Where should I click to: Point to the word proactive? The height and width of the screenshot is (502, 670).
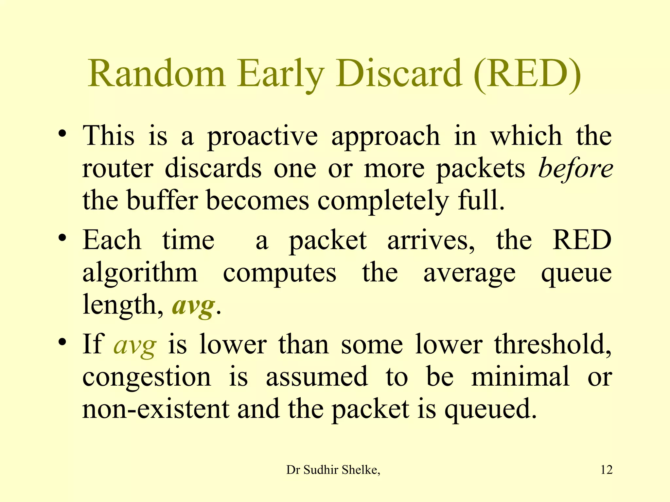262,137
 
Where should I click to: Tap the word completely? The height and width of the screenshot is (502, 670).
383,201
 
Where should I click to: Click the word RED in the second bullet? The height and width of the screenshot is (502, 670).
582,240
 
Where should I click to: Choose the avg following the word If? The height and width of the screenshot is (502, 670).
135,345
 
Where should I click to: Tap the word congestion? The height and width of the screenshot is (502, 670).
147,377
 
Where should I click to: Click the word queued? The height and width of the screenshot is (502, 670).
490,410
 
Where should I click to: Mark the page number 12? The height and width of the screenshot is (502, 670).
607,470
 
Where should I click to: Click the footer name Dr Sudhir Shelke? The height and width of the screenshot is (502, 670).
333,470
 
